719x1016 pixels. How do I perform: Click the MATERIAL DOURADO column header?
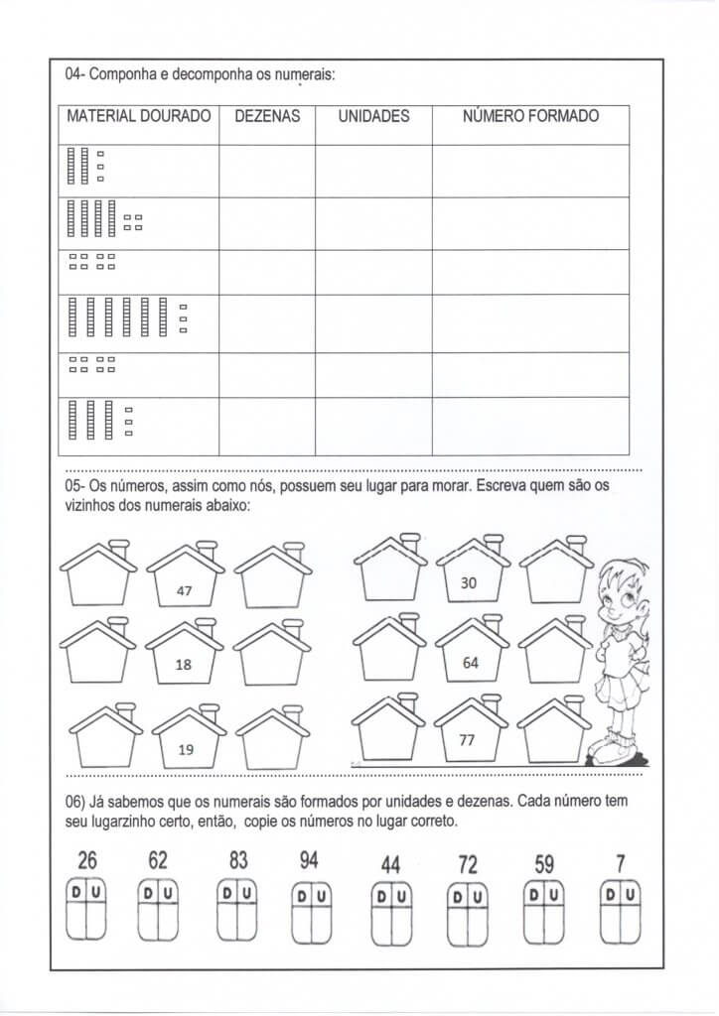pos(138,116)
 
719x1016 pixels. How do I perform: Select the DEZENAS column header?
pos(267,116)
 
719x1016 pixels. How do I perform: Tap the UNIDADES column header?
pos(373,116)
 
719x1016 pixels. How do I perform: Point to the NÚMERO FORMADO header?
pos(530,116)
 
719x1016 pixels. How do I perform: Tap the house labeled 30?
pos(470,574)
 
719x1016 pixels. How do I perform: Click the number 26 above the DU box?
pos(86,860)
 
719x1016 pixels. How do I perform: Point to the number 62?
pos(158,860)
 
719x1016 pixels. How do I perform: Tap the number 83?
pos(238,860)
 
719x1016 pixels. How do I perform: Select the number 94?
pos(309,860)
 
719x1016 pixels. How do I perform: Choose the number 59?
pos(544,864)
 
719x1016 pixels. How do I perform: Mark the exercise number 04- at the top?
pos(75,73)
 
